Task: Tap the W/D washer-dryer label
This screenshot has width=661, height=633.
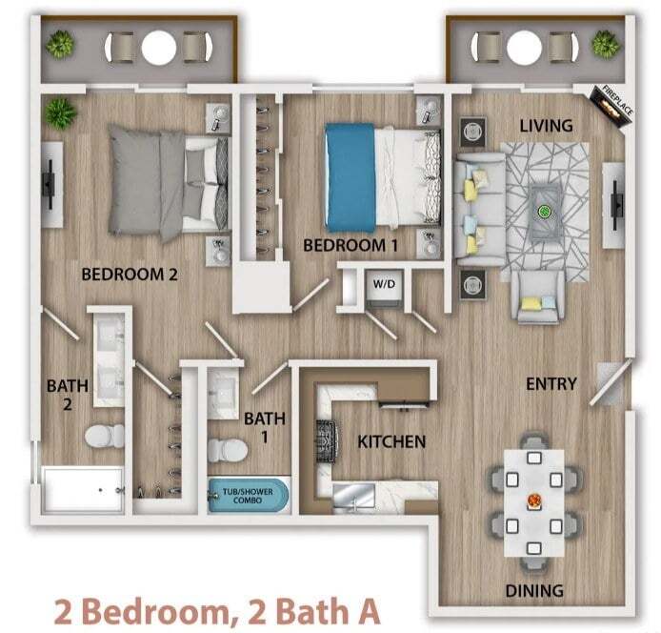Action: point(383,283)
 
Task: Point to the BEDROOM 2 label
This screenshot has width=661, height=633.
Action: point(130,275)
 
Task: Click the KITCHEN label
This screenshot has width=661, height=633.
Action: point(391,441)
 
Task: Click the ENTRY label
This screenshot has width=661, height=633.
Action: point(551,384)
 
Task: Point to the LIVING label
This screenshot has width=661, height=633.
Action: point(546,126)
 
